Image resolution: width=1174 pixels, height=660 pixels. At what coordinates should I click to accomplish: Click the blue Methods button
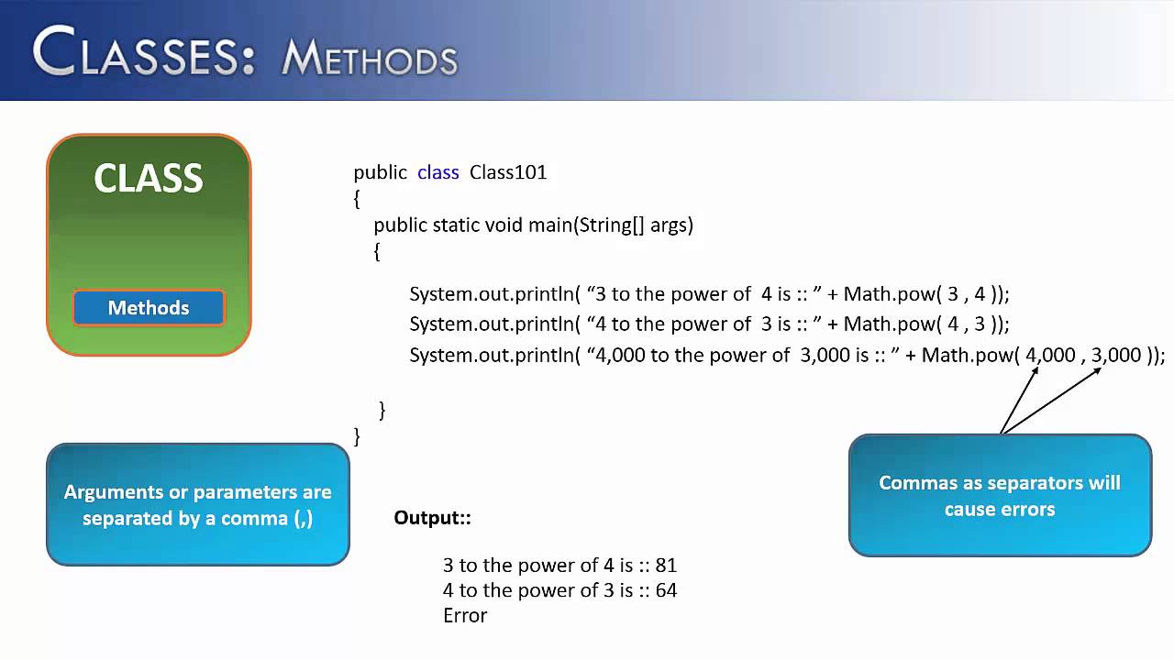click(149, 308)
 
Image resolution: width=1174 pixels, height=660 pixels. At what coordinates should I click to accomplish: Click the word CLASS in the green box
click(149, 178)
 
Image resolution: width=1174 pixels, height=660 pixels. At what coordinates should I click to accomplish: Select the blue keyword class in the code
click(437, 172)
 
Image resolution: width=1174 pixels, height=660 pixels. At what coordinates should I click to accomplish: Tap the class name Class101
click(508, 172)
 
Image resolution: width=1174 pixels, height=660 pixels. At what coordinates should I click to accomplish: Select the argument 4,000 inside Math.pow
click(1050, 355)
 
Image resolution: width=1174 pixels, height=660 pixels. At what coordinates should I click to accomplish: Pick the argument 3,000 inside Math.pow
click(1116, 355)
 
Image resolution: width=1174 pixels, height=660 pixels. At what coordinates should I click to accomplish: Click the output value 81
click(666, 566)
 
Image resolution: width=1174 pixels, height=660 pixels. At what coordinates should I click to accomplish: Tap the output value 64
click(666, 590)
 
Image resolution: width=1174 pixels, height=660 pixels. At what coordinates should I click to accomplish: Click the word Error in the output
click(465, 615)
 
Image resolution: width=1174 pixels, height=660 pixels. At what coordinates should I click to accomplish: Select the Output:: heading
click(432, 518)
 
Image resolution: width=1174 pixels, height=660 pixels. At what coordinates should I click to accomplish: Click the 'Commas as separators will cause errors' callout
click(1000, 495)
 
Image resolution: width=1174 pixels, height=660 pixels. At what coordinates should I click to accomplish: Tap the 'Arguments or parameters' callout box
click(198, 505)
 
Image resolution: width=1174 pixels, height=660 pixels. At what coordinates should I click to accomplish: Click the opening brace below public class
click(357, 198)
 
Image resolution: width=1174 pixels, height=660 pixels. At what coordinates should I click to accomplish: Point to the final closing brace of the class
click(357, 436)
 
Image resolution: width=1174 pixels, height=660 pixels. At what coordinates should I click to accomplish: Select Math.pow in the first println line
click(883, 294)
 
